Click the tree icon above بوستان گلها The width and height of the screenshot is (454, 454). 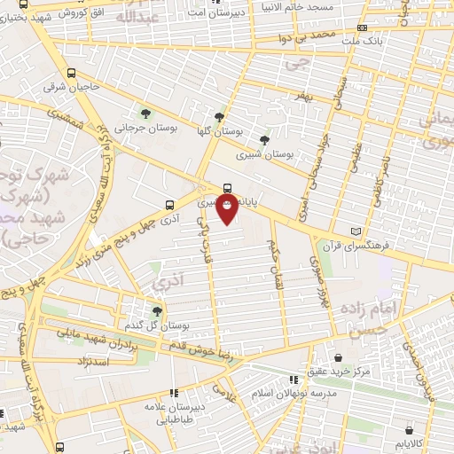tap(220, 116)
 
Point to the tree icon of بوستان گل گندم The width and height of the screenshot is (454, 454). tap(157, 310)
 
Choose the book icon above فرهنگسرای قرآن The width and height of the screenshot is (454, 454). tap(357, 231)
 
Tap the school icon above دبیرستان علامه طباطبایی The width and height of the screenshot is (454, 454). tap(175, 391)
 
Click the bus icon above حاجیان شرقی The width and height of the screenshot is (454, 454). tap(71, 74)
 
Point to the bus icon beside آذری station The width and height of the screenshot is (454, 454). tap(169, 203)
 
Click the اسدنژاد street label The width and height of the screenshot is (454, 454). tap(92, 363)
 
